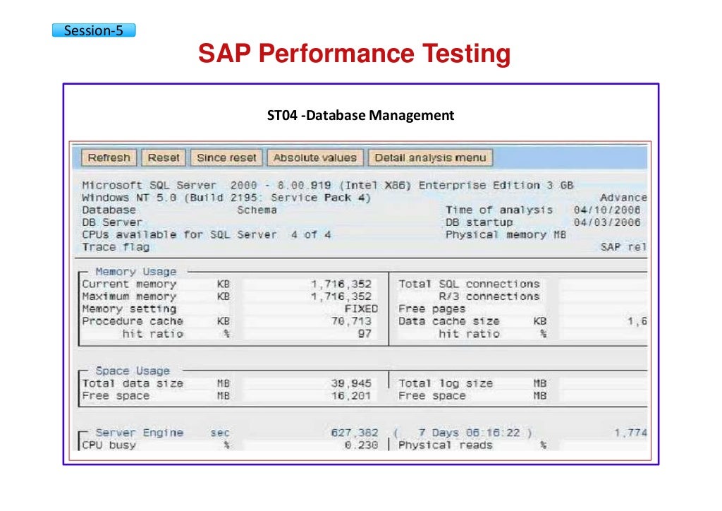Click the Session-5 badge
coord(93,30)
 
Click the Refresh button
coord(109,157)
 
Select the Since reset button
coord(226,157)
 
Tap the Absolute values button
coord(314,157)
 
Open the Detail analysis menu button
coord(430,157)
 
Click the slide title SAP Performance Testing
coord(354,54)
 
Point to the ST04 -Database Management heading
coord(360,115)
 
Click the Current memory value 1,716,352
coord(341,284)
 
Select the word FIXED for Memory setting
coord(361,308)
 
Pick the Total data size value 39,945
coord(350,383)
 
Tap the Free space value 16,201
coord(350,396)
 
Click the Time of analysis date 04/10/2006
coord(607,210)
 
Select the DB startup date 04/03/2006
coord(607,222)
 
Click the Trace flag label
coord(116,247)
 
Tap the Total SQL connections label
coord(469,284)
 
